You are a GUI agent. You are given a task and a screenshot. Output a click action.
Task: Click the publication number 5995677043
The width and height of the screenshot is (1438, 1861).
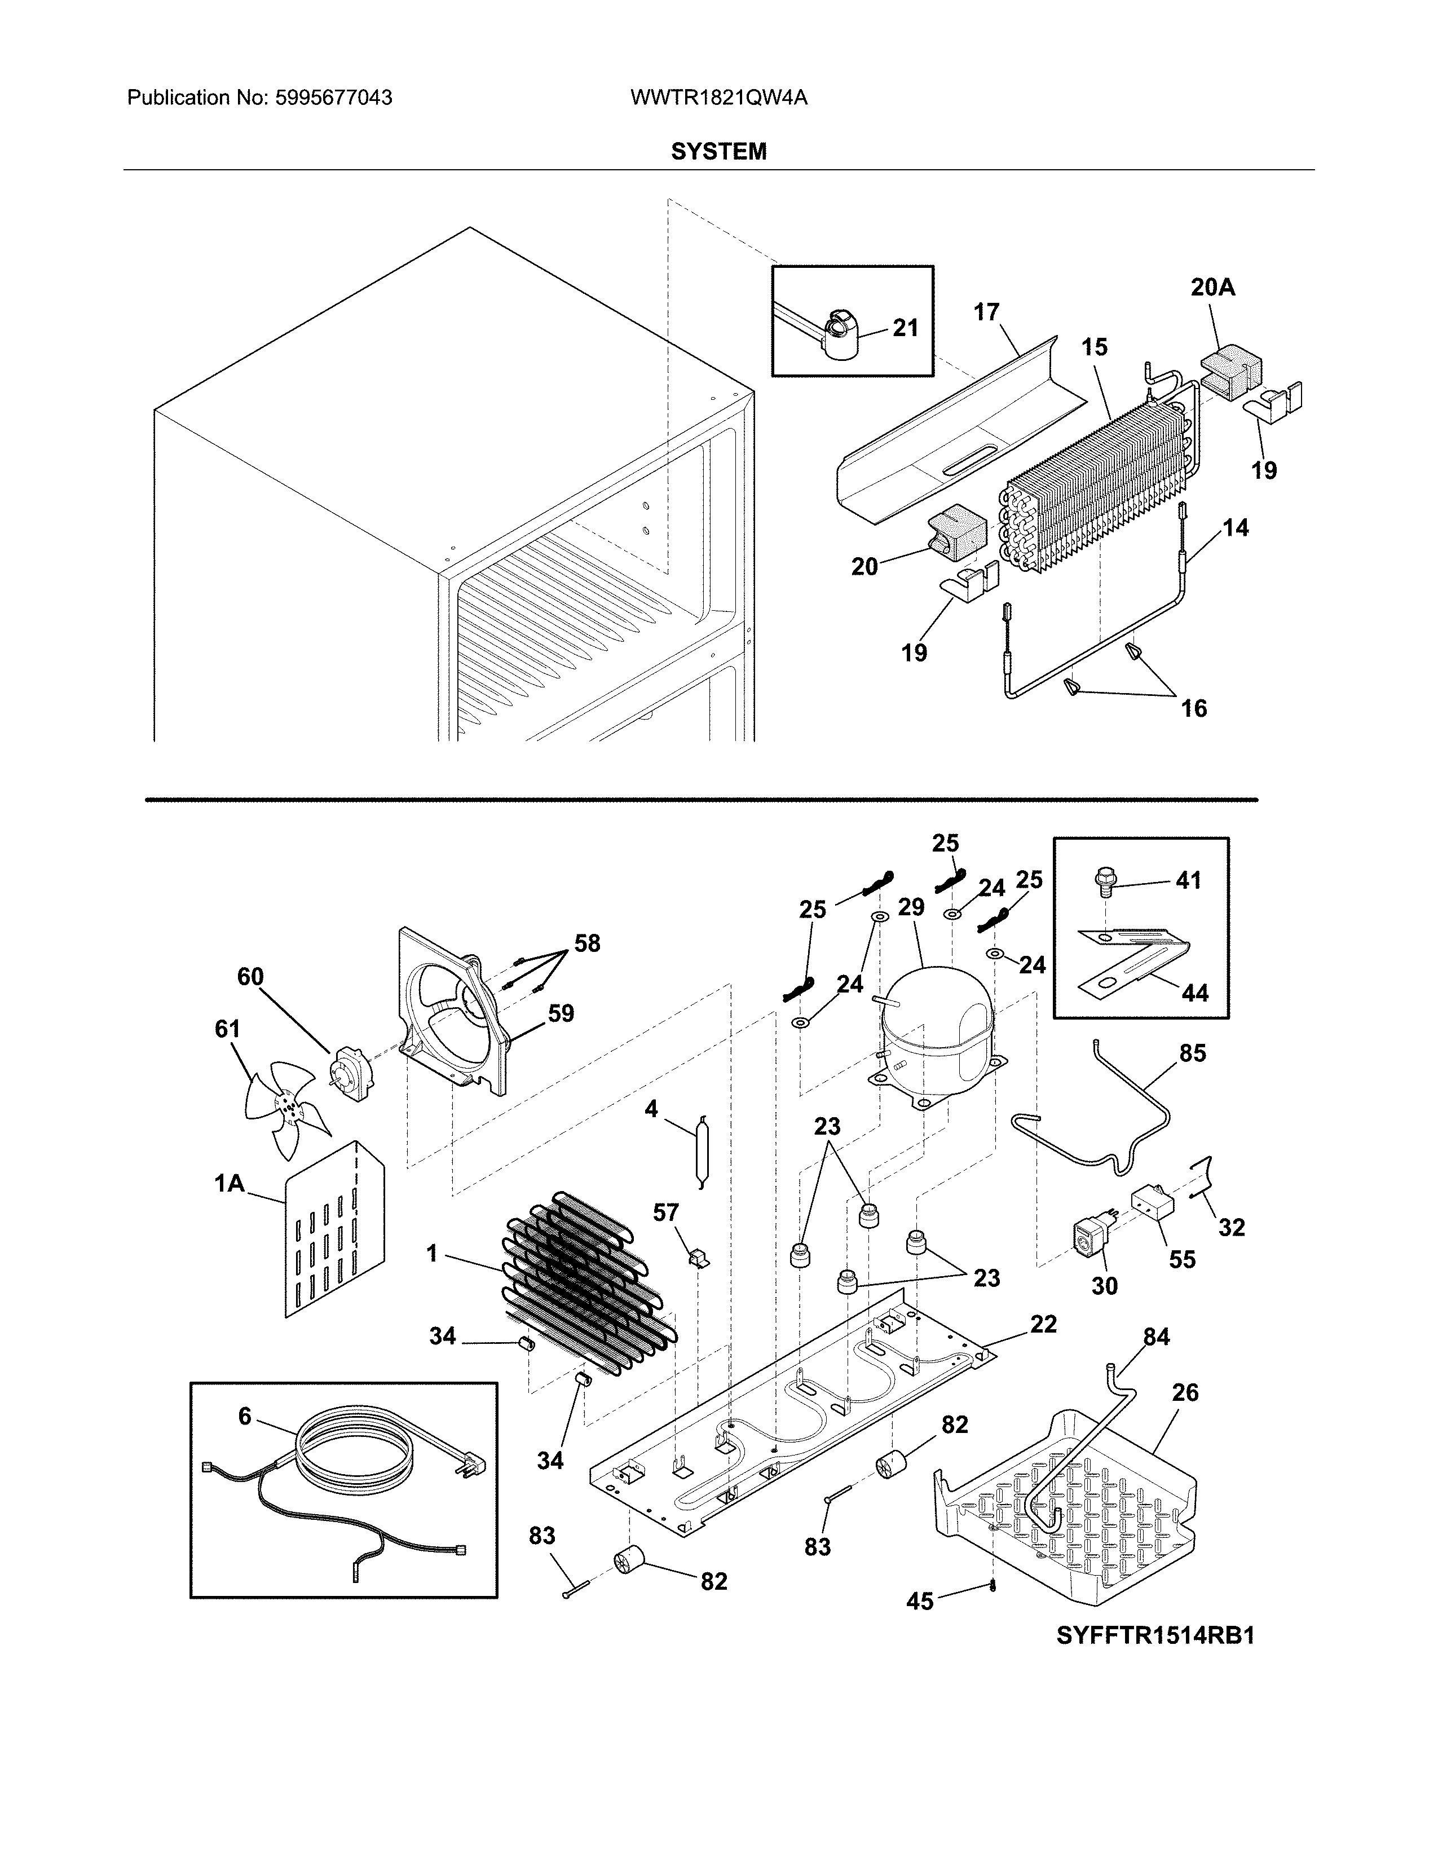(333, 98)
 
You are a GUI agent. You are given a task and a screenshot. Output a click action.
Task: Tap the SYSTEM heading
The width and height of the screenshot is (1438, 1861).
(718, 152)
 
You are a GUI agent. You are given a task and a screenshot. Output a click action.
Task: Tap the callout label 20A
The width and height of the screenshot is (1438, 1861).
(1212, 288)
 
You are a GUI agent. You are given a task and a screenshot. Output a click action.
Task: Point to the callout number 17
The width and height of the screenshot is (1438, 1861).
(986, 313)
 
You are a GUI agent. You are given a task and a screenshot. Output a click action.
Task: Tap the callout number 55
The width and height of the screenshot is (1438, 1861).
(1181, 1259)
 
